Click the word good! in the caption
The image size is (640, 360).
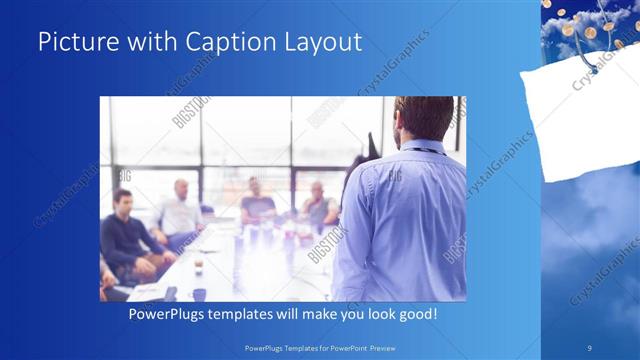[413, 314]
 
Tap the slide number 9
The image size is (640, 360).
[591, 347]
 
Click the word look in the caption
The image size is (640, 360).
[372, 314]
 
